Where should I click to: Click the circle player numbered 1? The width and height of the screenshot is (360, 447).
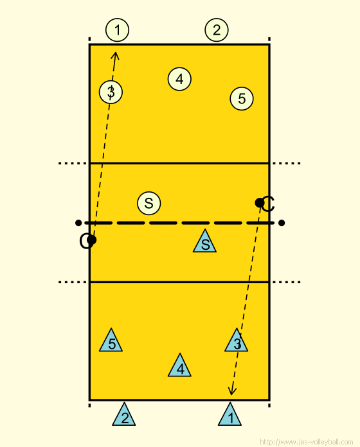(117, 30)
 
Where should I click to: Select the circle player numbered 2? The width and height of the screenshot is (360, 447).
(217, 30)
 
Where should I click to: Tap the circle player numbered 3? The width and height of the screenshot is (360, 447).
(111, 92)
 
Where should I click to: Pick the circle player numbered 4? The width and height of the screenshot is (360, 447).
(179, 79)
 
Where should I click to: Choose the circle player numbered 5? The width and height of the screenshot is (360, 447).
(242, 99)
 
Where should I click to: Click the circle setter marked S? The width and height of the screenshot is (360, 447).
(149, 203)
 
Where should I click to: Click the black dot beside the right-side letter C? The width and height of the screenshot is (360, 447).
(260, 203)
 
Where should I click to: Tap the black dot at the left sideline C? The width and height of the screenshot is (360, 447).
(91, 240)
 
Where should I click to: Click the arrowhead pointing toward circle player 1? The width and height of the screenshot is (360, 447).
(115, 56)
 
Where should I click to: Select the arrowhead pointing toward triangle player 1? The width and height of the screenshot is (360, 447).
(231, 391)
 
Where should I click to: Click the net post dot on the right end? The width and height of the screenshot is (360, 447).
(282, 223)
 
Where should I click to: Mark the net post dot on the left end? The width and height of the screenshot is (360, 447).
(78, 223)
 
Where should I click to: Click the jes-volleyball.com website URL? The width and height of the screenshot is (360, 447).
(307, 442)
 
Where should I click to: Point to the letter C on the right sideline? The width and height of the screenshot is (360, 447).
(268, 204)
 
